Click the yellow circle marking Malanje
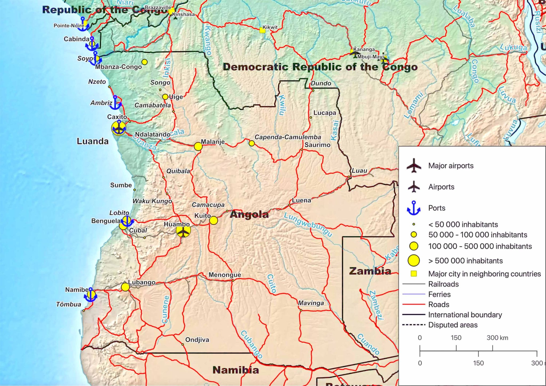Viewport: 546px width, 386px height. (x=198, y=146)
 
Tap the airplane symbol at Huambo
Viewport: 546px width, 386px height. (x=183, y=231)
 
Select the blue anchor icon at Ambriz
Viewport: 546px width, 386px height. (x=115, y=103)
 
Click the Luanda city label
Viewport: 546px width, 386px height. (x=93, y=141)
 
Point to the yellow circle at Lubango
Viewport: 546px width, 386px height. (x=125, y=287)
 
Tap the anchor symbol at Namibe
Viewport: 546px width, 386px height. (x=91, y=295)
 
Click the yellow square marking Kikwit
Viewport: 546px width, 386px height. (x=262, y=30)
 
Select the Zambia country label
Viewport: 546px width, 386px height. (x=370, y=271)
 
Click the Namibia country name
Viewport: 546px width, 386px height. (x=236, y=370)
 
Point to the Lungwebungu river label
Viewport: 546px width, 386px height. (x=308, y=224)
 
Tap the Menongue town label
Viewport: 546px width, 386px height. (x=225, y=275)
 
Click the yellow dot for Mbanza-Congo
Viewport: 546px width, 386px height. (x=144, y=62)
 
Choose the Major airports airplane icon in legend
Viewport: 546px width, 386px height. (x=414, y=166)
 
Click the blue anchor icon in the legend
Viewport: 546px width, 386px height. (x=413, y=208)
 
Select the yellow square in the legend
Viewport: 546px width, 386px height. (x=413, y=274)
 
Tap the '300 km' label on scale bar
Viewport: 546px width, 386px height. (x=497, y=338)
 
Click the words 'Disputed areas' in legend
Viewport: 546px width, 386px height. (x=453, y=325)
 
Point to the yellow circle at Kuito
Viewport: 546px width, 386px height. (x=214, y=220)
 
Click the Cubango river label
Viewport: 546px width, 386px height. (x=251, y=344)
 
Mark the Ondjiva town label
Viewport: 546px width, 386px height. (x=197, y=340)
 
